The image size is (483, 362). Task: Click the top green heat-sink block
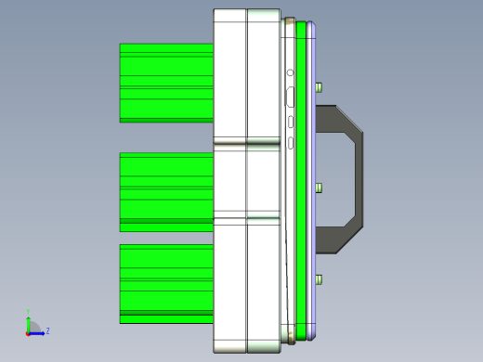tap(166, 83)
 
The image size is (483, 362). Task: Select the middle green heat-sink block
tap(166, 191)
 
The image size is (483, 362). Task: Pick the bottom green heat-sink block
tap(166, 283)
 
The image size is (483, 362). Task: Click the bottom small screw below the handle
tap(320, 279)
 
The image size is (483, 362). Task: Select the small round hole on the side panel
tap(291, 72)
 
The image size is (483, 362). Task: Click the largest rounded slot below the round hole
tap(291, 96)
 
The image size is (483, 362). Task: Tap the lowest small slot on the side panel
tap(292, 142)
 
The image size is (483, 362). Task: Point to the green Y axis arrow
tap(29, 322)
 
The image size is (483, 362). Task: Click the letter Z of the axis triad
tap(47, 330)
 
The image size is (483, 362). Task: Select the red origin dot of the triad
tap(29, 331)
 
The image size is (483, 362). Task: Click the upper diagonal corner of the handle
tap(347, 119)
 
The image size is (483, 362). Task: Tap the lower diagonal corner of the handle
tap(347, 239)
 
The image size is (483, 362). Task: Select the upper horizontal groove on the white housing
tap(247, 145)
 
